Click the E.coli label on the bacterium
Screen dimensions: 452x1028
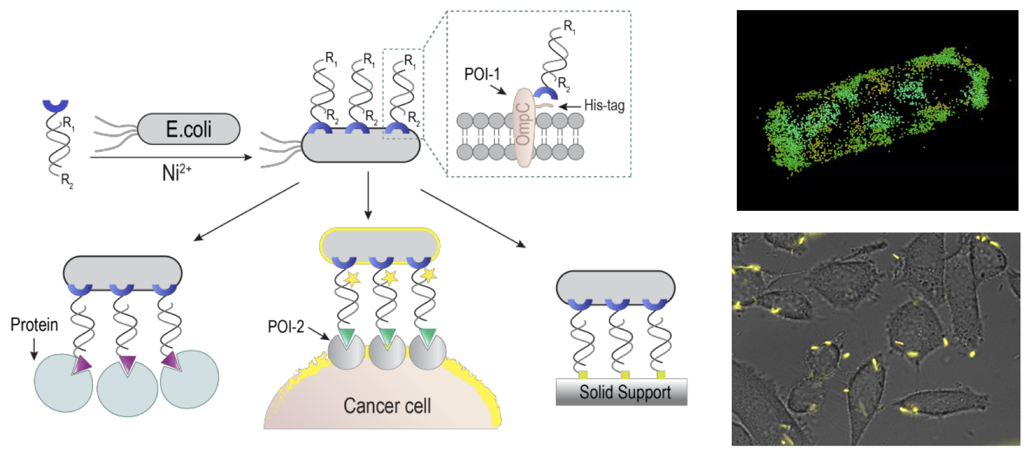(x=189, y=129)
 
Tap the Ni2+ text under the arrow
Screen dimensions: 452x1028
(x=177, y=172)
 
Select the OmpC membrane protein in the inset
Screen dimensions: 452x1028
(x=523, y=127)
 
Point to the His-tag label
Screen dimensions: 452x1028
(x=604, y=106)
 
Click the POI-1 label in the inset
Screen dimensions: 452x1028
(x=482, y=75)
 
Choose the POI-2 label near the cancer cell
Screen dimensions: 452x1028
(x=285, y=327)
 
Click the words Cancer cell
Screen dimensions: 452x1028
(x=387, y=406)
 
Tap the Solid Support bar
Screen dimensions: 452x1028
(x=621, y=392)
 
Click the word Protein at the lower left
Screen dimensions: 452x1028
(x=34, y=325)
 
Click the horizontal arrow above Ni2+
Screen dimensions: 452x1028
(x=171, y=157)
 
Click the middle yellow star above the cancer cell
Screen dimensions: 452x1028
(x=388, y=277)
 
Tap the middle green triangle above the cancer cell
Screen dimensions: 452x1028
(x=387, y=336)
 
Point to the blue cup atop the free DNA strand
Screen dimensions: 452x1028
(x=56, y=105)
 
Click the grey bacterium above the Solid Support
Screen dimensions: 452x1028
(x=615, y=286)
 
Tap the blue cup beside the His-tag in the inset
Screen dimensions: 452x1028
(x=545, y=94)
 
